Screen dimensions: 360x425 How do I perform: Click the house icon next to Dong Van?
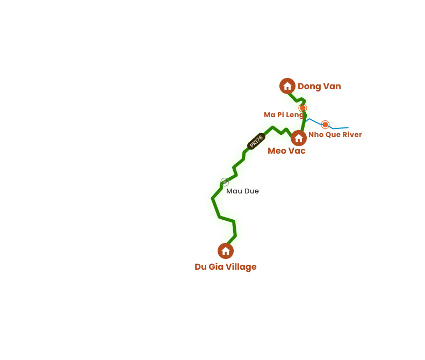tap(287, 86)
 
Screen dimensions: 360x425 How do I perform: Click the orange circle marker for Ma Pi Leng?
tap(302, 108)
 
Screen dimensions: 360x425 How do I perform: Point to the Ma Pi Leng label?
tap(284, 114)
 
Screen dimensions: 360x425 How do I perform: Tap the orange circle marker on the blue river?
tap(325, 125)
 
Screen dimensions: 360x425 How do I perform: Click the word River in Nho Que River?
tap(352, 134)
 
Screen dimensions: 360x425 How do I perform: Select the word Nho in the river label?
tap(315, 134)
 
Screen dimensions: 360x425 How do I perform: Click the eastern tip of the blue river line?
tap(348, 127)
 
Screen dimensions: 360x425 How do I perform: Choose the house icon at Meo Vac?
tap(299, 138)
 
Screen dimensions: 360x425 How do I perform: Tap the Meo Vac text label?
tap(287, 151)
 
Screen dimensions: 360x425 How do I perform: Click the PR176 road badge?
tap(256, 141)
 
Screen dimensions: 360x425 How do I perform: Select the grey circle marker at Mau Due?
tap(225, 182)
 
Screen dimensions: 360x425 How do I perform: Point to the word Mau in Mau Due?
tap(234, 191)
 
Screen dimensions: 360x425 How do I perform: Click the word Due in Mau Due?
tap(250, 191)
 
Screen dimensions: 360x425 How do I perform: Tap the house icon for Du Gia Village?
tap(226, 251)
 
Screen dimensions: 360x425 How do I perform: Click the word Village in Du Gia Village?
tap(240, 267)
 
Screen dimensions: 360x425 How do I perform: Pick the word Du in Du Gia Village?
tap(201, 267)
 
